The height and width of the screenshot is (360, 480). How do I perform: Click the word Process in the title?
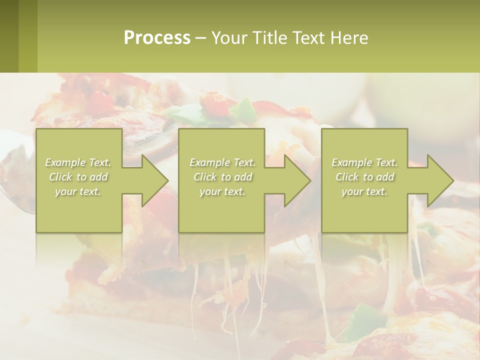157,38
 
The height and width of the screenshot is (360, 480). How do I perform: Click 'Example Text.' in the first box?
78,162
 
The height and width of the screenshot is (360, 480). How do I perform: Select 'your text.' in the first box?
78,191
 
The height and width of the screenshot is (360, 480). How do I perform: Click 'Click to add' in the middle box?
222,177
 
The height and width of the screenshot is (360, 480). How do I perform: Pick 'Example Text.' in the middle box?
222,162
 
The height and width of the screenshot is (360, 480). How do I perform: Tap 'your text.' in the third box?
364,191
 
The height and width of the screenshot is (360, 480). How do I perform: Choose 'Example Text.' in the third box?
364,162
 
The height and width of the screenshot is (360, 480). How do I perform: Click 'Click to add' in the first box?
78,177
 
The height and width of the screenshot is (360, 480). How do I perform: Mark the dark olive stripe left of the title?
9,36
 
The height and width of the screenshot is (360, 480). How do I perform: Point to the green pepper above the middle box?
245,110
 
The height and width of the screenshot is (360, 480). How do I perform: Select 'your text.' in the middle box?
222,191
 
